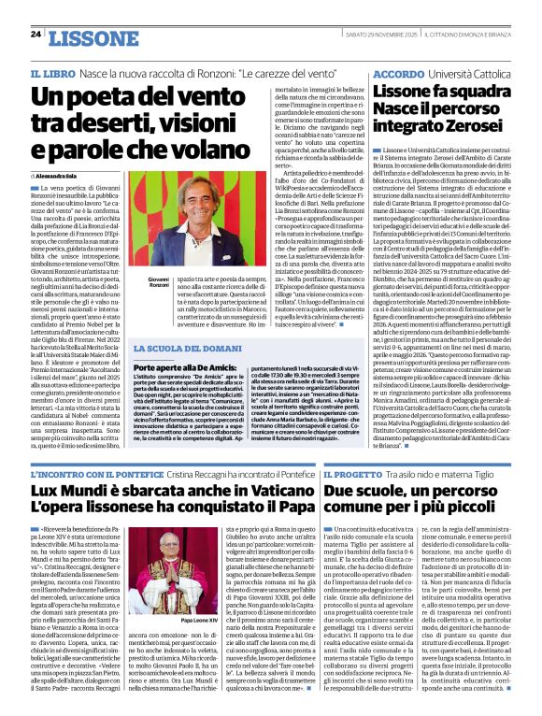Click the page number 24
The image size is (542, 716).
pyautogui.click(x=36, y=36)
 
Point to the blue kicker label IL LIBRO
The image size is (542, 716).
pyautogui.click(x=50, y=73)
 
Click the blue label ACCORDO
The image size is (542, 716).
pyautogui.click(x=397, y=73)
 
